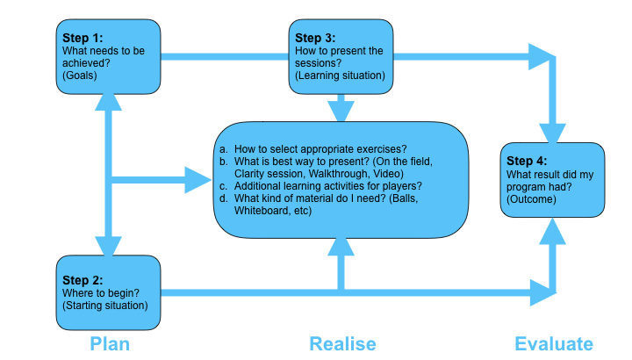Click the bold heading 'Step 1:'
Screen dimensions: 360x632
[x=82, y=40]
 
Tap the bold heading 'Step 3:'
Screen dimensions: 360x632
[x=314, y=39]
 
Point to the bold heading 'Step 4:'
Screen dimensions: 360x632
[x=528, y=162]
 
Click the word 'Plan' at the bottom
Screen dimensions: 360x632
[x=110, y=343]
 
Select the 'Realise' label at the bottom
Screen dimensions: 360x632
[x=342, y=343]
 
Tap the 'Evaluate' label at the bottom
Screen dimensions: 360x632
[x=554, y=343]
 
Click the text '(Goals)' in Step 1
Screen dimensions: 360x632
[x=80, y=76]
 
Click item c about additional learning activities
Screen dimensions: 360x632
[x=321, y=185]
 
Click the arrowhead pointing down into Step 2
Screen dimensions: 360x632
[x=110, y=244]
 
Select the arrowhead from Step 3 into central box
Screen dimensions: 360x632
[x=341, y=112]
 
